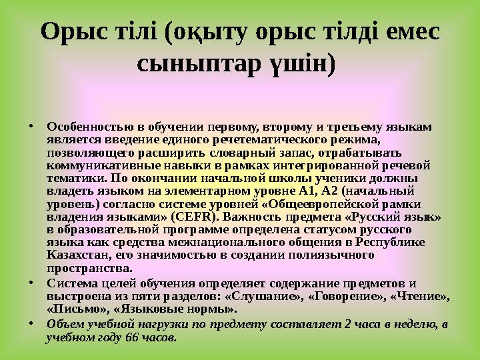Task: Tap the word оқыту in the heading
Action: (x=222, y=31)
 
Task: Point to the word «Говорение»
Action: (x=340, y=296)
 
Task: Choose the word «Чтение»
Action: (x=417, y=296)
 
